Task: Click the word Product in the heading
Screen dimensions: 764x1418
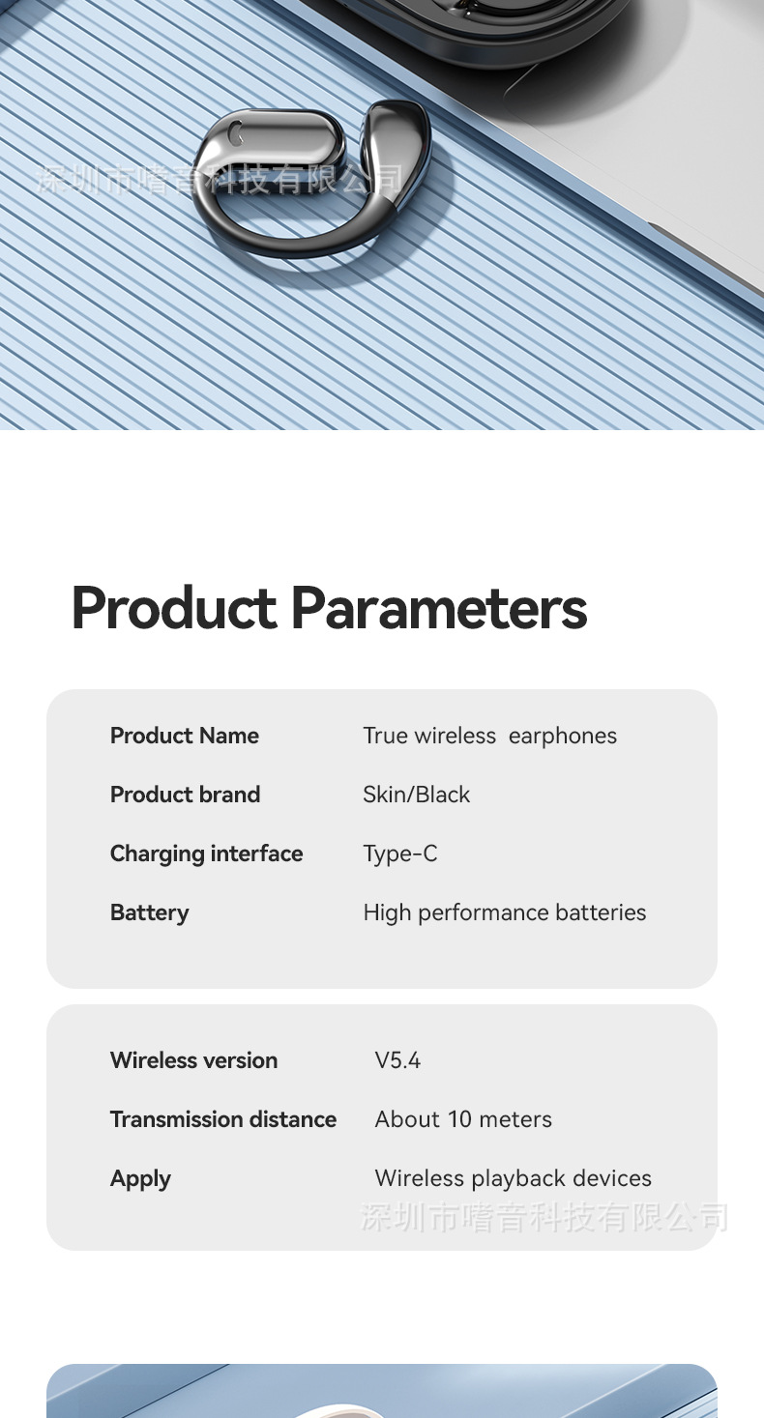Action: click(x=174, y=608)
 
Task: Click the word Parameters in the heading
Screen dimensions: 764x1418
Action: click(x=439, y=608)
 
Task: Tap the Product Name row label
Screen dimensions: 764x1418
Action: click(x=185, y=736)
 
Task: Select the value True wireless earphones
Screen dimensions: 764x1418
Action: click(x=489, y=737)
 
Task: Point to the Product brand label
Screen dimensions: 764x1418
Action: click(x=185, y=795)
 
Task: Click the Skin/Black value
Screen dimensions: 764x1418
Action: click(x=416, y=795)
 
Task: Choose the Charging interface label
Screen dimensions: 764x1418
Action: click(x=207, y=854)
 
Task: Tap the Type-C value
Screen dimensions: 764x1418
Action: click(x=399, y=854)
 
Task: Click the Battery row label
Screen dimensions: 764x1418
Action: click(x=150, y=912)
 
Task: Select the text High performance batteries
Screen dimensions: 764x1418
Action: click(x=505, y=912)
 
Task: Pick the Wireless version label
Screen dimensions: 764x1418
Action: click(x=193, y=1060)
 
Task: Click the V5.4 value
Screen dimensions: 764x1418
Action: click(x=397, y=1060)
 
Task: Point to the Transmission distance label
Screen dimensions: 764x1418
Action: click(x=223, y=1119)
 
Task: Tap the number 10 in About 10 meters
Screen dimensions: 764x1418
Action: click(x=460, y=1119)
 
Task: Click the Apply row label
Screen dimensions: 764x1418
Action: click(x=140, y=1178)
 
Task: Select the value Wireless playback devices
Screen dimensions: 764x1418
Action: click(x=514, y=1178)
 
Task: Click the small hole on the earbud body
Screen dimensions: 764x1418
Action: click(x=236, y=131)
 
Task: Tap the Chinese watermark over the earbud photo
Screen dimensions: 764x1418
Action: click(x=220, y=179)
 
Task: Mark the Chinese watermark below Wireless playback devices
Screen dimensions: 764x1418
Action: click(x=544, y=1217)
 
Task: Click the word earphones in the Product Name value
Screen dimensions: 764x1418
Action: click(x=563, y=737)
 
